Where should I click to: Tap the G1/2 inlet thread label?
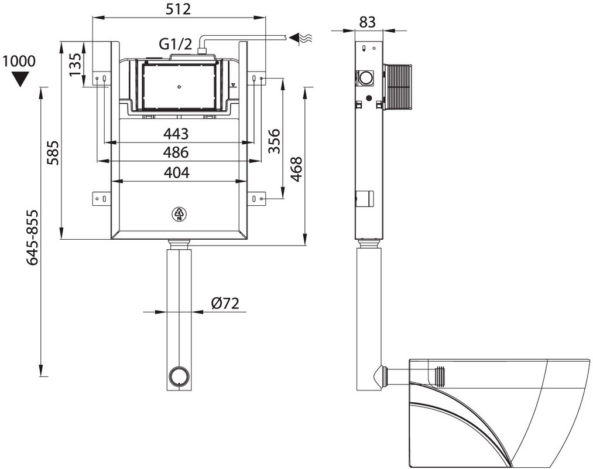tap(175, 45)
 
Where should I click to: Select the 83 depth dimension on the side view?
tap(367, 22)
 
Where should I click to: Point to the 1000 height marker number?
tap(19, 61)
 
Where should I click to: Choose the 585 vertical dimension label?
tap(53, 152)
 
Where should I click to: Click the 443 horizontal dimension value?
tap(176, 133)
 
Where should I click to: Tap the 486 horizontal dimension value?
tap(176, 152)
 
